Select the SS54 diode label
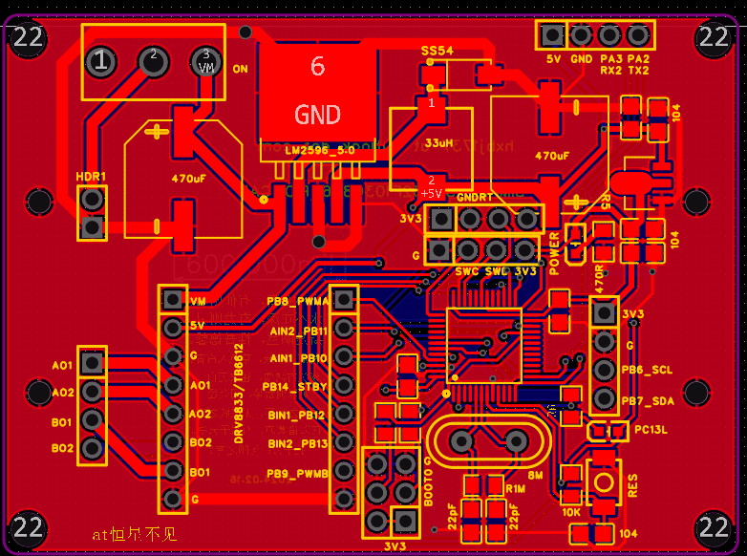click(x=437, y=50)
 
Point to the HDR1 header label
click(x=92, y=177)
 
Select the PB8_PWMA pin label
click(x=297, y=301)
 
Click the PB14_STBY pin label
click(x=297, y=387)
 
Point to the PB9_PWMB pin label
click(x=297, y=473)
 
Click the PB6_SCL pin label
click(x=647, y=369)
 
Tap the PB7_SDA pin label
click(x=647, y=401)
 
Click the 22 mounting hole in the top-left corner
click(x=28, y=37)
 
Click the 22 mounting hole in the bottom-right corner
click(x=715, y=526)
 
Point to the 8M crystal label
click(x=535, y=474)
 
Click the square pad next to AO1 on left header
click(x=92, y=362)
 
